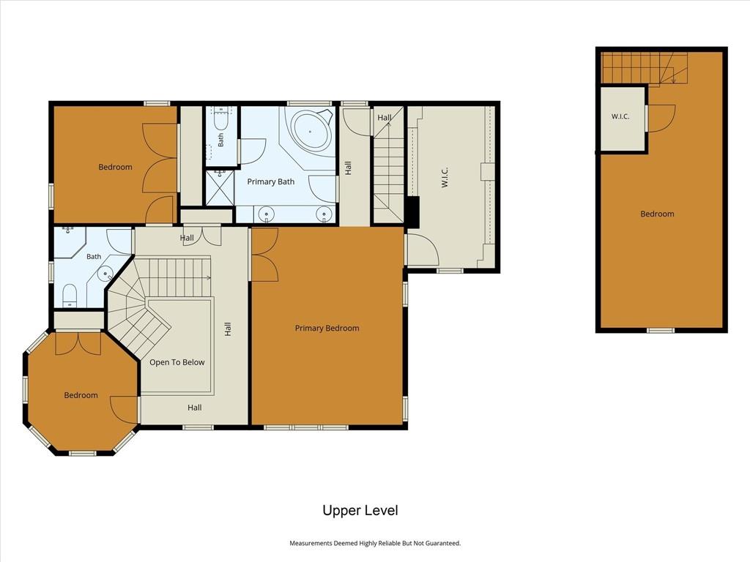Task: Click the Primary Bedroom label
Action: [327, 329]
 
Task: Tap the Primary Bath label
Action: [271, 181]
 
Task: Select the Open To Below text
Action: [177, 362]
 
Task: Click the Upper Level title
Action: [360, 510]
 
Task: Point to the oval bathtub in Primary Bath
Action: [311, 130]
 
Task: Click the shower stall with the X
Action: [220, 188]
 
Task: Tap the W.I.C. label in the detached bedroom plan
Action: [620, 116]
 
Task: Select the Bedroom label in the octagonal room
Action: [81, 395]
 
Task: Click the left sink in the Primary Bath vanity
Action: [266, 214]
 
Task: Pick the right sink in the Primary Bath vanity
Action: [324, 214]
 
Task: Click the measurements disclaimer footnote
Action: [375, 544]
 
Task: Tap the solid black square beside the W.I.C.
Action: [412, 211]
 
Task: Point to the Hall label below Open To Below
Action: [195, 408]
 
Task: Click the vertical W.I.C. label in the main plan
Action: [445, 177]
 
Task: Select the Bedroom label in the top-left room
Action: [115, 167]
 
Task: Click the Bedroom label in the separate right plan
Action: [657, 214]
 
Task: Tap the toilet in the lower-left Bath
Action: [70, 295]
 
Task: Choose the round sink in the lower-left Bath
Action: [105, 274]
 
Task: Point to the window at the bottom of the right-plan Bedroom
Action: [661, 330]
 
